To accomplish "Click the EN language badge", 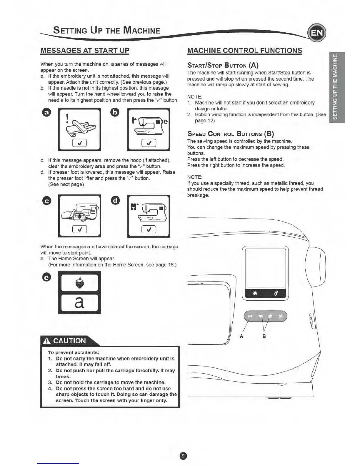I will (x=316, y=32).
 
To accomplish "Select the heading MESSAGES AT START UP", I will (x=85, y=50).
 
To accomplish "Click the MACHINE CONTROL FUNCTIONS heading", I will (x=245, y=50).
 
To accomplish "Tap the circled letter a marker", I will (x=47, y=112).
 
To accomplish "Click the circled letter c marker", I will (x=47, y=201).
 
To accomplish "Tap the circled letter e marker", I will (x=47, y=277).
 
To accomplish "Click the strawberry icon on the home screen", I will (x=79, y=283).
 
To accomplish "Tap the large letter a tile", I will (x=79, y=303).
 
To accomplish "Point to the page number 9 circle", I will (x=183, y=456).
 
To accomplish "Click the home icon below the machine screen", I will (x=255, y=293).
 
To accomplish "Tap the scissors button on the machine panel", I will (x=281, y=316).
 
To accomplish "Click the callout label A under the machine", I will (x=241, y=336).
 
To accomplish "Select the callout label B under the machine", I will (x=264, y=336).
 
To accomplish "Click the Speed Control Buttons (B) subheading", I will (x=231, y=134).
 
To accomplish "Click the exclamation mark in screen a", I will (x=68, y=117).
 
